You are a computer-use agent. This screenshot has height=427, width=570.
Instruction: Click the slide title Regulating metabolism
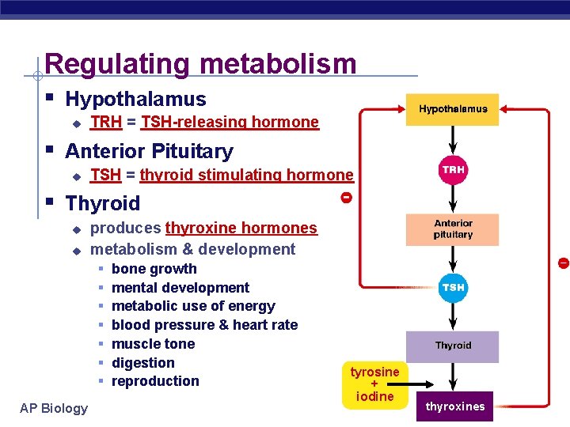200,63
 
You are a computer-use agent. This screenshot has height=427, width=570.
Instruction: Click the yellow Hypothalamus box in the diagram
453,109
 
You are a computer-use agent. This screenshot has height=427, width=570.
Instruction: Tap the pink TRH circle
453,170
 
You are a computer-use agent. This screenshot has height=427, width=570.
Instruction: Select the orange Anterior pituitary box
453,229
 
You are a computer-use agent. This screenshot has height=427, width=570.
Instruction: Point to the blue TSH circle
453,288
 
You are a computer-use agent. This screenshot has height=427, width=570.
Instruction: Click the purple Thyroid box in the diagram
453,346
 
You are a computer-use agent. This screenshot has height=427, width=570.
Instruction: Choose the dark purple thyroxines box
455,406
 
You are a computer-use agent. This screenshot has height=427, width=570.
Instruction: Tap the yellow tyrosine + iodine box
375,384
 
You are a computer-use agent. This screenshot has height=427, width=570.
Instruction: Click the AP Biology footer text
54,408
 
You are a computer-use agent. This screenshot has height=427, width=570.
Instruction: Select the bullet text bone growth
154,269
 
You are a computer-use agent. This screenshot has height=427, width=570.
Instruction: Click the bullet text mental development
180,288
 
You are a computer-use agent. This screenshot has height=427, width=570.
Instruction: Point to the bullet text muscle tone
153,344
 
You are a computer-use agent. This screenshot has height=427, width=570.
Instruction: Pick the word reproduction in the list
155,381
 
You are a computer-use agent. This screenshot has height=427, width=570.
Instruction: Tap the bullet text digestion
143,363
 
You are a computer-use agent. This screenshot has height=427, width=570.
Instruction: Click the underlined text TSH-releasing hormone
230,122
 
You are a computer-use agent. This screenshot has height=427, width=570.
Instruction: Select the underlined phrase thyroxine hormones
241,229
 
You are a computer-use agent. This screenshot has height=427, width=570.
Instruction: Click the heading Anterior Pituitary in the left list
149,151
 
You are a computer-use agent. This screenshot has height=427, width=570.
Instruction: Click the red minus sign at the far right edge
563,263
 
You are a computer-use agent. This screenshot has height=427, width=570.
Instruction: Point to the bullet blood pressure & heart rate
204,325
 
